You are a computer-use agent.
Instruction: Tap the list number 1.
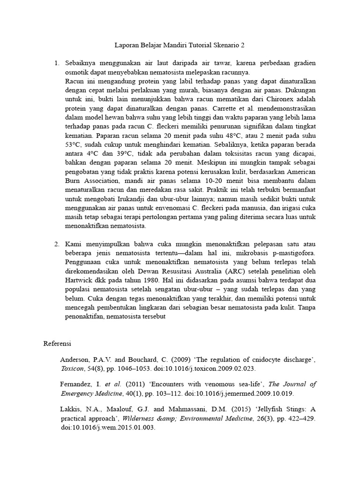[x=57, y=63]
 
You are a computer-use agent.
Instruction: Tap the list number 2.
[x=57, y=244]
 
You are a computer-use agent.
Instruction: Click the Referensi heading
[x=57, y=344]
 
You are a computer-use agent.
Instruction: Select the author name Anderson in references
[x=75, y=360]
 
